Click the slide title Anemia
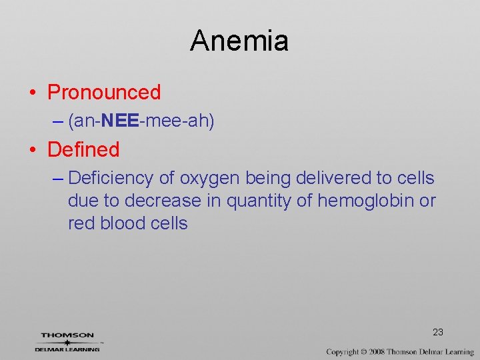[x=239, y=41]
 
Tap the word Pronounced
[x=104, y=92]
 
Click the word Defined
[x=83, y=149]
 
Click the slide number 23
[x=438, y=332]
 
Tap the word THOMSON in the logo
[x=67, y=335]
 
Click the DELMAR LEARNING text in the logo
[x=67, y=349]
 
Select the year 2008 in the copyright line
[x=376, y=351]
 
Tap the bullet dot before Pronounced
[x=33, y=93]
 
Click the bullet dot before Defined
[x=33, y=150]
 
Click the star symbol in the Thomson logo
[x=67, y=342]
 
